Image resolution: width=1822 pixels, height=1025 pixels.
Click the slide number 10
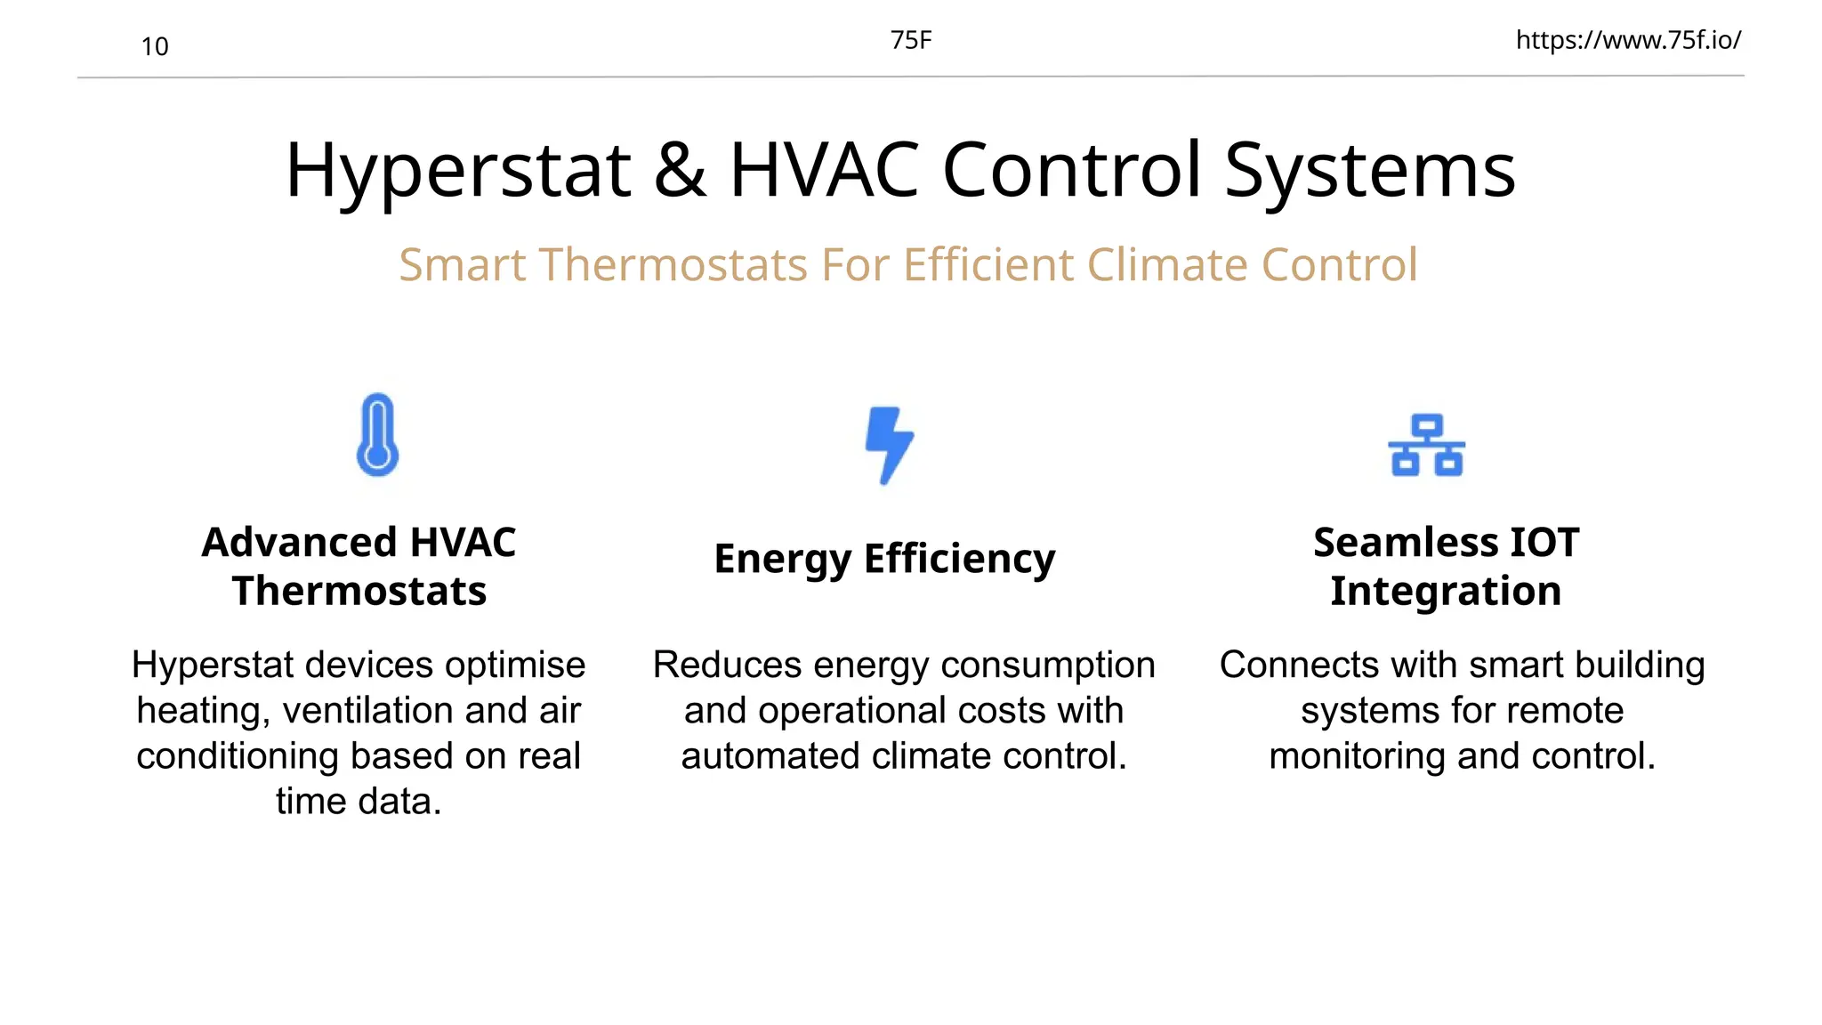pos(155,46)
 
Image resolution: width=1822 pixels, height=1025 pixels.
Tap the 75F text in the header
pos(911,40)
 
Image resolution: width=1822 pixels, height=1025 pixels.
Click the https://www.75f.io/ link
pos(1628,40)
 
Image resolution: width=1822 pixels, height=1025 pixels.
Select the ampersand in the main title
pos(681,170)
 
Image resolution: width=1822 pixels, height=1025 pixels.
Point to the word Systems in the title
pos(1370,170)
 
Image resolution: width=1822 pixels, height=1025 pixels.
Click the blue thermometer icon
pos(377,435)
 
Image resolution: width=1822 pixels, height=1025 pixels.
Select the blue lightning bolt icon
pos(889,445)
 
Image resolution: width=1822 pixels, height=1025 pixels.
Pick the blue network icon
pos(1426,445)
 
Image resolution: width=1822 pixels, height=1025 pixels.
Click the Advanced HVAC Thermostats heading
pos(359,566)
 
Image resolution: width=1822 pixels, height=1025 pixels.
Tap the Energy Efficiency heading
pos(884,559)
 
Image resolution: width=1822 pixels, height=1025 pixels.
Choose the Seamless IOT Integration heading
pos(1446,566)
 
